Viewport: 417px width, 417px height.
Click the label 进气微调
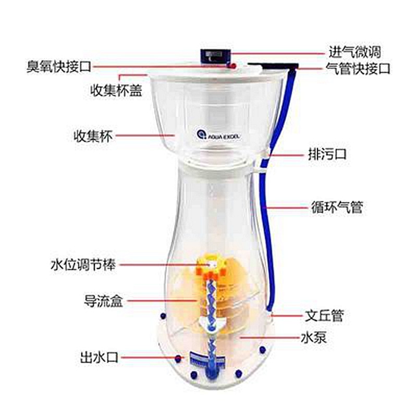354,52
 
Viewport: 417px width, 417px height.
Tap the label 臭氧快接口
59,67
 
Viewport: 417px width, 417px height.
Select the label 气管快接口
358,69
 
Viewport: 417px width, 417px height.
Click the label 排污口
327,154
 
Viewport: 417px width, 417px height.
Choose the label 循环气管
337,207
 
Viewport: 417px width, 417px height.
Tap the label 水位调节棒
83,265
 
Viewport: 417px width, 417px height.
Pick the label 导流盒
103,301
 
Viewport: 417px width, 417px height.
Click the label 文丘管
324,316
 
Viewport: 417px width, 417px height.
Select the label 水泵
314,338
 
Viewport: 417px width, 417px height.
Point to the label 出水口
99,357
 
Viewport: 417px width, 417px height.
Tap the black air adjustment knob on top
215,56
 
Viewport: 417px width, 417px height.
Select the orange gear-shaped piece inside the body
211,267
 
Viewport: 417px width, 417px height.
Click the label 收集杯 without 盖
93,136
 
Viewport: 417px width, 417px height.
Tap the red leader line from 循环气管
285,207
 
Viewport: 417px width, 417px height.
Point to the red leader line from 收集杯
145,136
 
